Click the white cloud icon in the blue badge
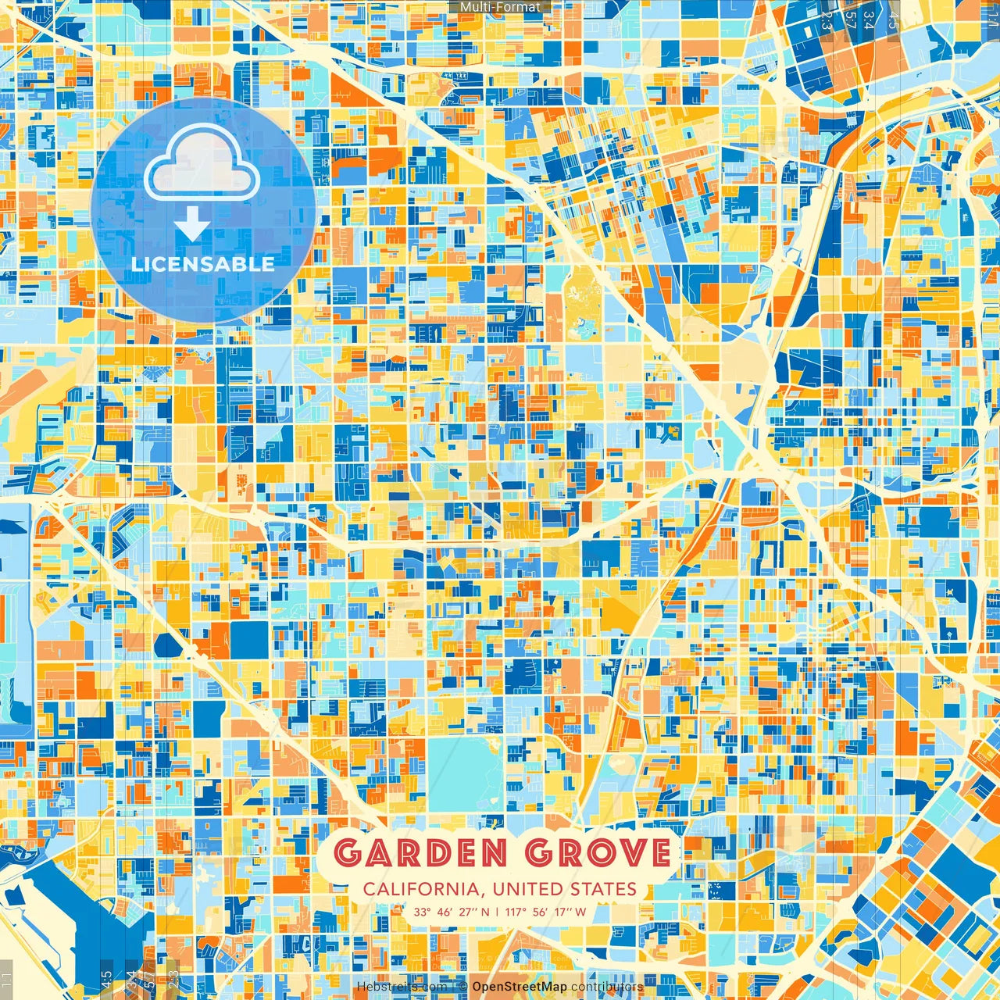click(202, 162)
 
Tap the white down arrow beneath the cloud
click(192, 224)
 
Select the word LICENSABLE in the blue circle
click(203, 264)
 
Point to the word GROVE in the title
click(598, 853)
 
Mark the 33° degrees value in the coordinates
click(423, 912)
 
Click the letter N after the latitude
click(485, 912)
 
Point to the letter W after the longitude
click(580, 912)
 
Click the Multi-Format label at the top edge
click(500, 7)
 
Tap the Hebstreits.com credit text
click(401, 987)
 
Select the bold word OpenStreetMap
click(520, 987)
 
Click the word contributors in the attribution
click(607, 987)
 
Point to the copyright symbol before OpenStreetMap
click(462, 987)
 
